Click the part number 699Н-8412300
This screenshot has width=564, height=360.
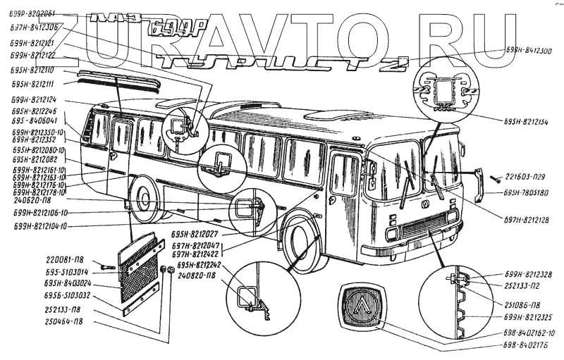[x=527, y=51]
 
